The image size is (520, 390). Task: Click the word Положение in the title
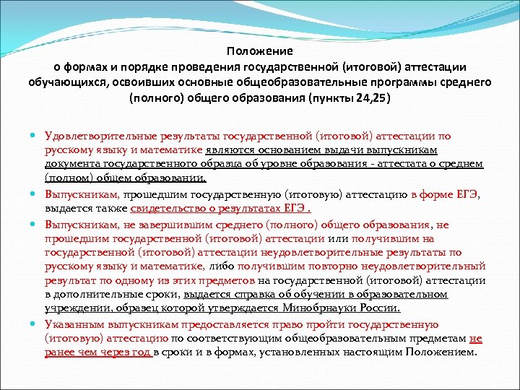259,51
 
